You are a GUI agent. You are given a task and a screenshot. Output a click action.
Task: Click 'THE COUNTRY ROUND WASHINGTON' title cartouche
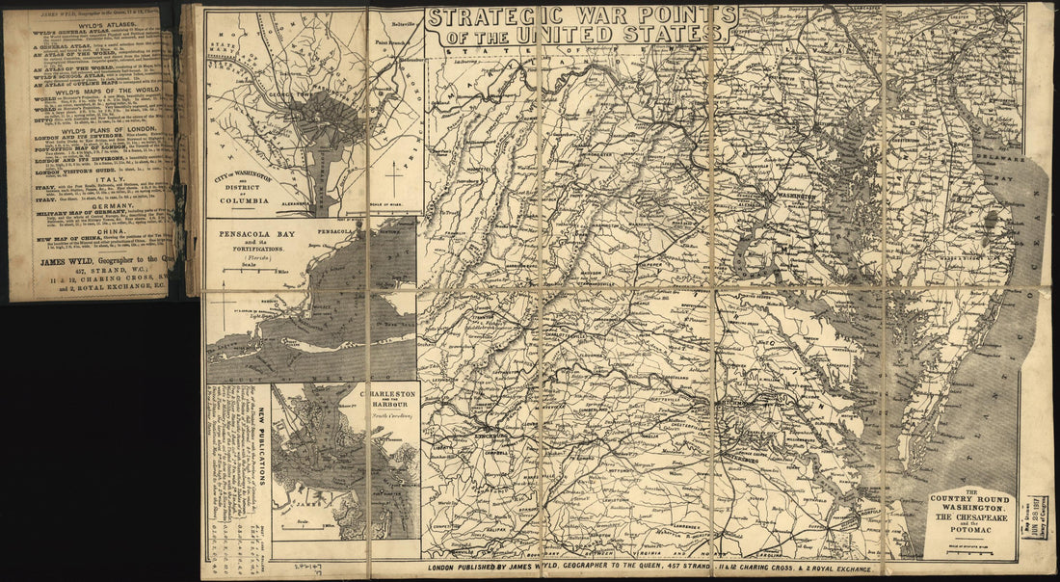click(x=970, y=511)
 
